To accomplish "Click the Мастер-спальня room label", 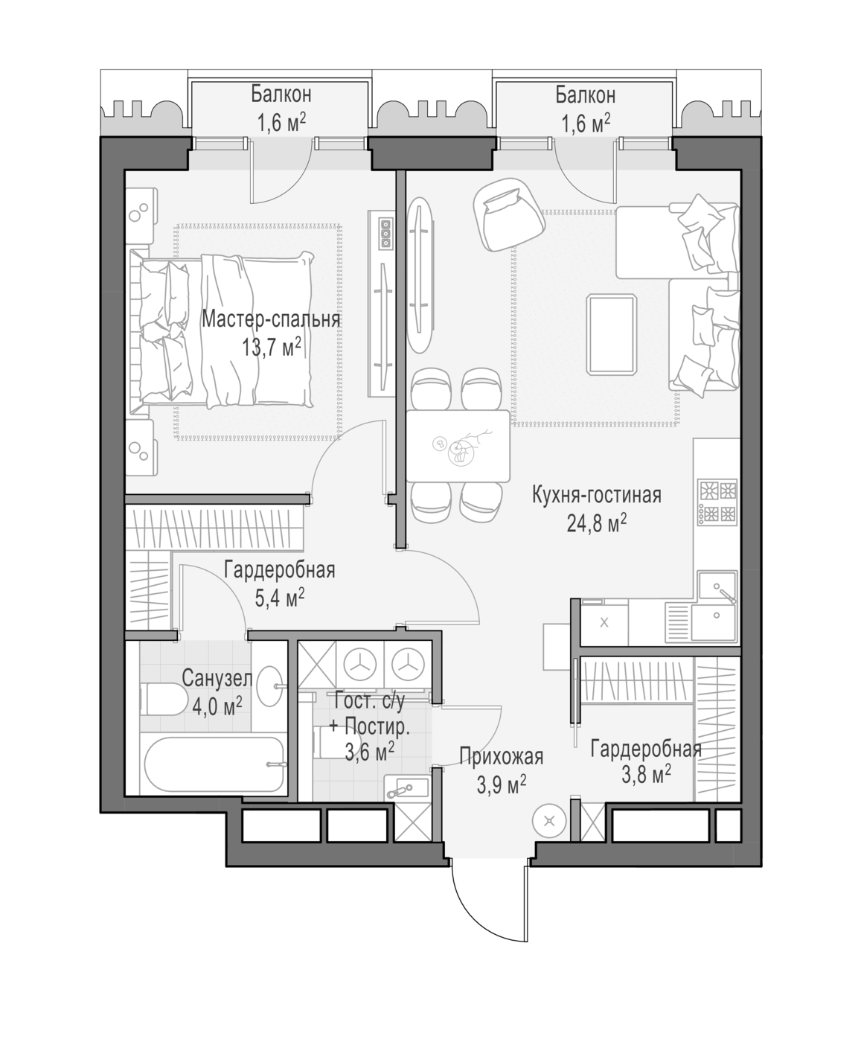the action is click(x=271, y=319).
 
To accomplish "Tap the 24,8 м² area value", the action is click(x=597, y=524).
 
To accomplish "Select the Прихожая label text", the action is click(x=501, y=757).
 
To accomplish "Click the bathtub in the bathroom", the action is click(x=214, y=764).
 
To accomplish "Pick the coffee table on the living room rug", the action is click(x=612, y=334).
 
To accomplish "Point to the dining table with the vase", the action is click(x=458, y=446).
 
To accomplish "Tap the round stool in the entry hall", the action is click(x=549, y=820).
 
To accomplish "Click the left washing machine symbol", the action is click(x=360, y=665).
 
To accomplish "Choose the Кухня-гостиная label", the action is click(x=597, y=495).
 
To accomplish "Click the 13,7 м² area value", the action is click(x=272, y=348).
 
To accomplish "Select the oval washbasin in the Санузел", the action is click(x=269, y=685).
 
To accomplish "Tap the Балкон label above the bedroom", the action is click(x=281, y=94).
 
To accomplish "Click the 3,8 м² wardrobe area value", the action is click(x=646, y=776).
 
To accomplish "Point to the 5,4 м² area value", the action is click(x=280, y=598).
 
